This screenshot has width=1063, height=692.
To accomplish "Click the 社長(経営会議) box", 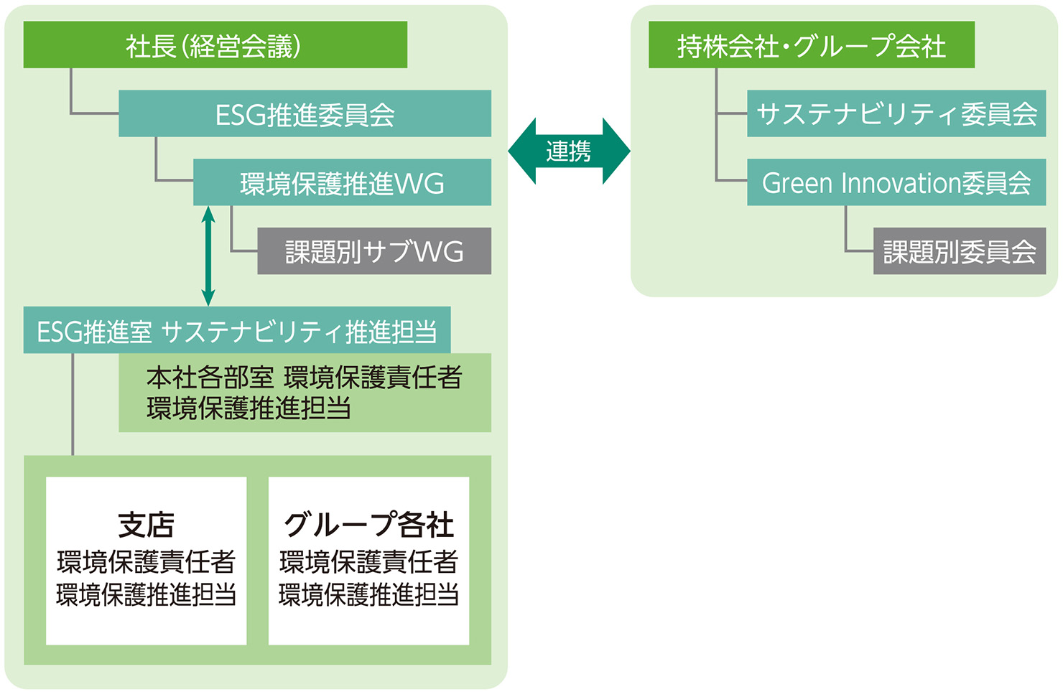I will [215, 45].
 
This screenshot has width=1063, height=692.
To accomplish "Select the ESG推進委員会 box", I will [305, 113].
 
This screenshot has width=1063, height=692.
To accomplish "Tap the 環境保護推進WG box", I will [342, 182].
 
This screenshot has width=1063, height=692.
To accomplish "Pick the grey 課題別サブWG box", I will [374, 251].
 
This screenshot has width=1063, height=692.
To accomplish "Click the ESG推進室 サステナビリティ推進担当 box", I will [237, 330].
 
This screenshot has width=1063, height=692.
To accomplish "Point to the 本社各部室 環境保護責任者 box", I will [305, 393].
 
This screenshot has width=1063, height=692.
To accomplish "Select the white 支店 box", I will [146, 561].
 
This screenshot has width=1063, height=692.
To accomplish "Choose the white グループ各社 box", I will [368, 561].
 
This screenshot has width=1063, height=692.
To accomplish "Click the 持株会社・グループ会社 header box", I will [811, 45].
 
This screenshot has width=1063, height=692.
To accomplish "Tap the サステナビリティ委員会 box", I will [896, 113].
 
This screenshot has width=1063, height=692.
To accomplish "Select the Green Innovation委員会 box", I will [896, 182].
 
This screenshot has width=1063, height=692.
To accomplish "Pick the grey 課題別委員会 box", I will [959, 251].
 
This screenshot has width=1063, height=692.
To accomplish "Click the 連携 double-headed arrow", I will [569, 151].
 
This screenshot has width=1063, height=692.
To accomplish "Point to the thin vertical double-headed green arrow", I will [208, 256].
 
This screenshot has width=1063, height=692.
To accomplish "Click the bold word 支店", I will [146, 525].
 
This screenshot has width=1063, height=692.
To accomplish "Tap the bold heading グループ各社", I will [368, 525].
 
